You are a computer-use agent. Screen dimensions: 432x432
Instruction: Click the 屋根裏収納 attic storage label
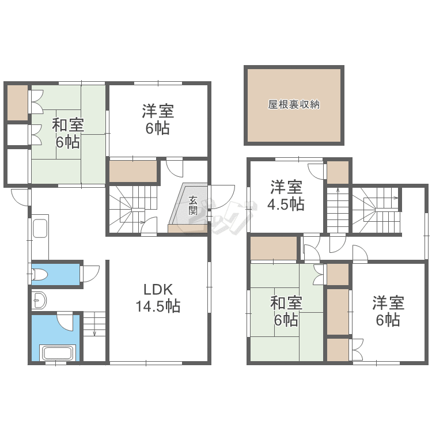(294, 104)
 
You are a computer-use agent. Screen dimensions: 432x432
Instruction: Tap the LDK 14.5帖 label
(158, 298)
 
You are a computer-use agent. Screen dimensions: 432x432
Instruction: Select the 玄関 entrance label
(193, 205)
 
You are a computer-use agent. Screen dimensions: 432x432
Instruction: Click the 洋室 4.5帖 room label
(286, 195)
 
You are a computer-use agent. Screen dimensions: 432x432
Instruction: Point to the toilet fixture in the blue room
(40, 275)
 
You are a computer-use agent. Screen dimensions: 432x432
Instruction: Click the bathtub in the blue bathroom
(58, 353)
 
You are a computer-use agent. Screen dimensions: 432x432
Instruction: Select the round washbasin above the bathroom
(39, 300)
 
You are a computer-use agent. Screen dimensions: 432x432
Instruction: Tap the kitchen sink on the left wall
(40, 229)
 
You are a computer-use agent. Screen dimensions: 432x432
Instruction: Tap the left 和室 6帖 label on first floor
(68, 134)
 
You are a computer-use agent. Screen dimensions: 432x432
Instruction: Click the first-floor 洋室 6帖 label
(158, 120)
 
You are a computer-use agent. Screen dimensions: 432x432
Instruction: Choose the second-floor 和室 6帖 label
(286, 311)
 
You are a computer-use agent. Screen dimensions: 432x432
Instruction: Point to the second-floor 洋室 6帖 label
(388, 311)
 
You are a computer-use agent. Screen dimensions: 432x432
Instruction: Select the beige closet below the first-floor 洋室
(133, 172)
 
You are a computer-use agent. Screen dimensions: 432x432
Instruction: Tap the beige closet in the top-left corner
(17, 103)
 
